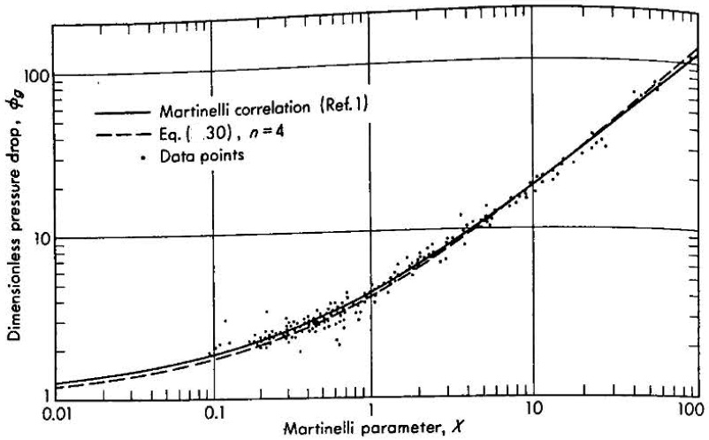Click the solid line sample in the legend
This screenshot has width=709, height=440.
pyautogui.click(x=124, y=112)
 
